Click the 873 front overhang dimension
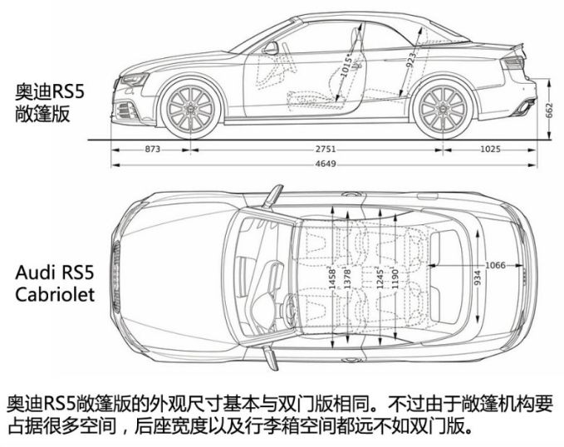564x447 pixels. (153, 149)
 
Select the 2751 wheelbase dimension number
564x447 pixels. (326, 149)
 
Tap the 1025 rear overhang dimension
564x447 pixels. (491, 149)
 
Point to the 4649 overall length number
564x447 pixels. (326, 165)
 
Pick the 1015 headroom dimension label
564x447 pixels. (346, 67)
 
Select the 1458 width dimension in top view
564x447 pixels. (332, 278)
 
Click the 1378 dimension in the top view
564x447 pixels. (347, 278)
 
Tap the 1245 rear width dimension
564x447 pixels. (380, 278)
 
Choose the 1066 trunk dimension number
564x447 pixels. (495, 266)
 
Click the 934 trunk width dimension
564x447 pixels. (478, 278)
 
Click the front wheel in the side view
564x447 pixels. (190, 108)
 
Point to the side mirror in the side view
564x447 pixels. (271, 48)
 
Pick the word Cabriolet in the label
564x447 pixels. (55, 294)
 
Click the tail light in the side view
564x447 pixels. (513, 63)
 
